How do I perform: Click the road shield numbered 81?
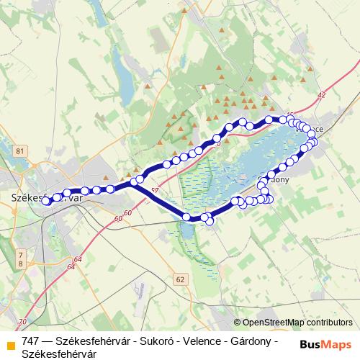coord(19,150)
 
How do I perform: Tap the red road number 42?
coord(321,95)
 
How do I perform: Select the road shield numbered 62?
coord(180,279)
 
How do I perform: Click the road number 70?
coord(22,321)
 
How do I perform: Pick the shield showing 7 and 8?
coord(20,259)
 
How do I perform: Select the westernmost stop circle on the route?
coord(46,202)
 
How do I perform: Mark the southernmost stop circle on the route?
coord(210,221)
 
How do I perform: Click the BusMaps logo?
coord(325,344)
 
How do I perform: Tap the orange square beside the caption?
coord(10,342)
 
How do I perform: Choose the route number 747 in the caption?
coord(31,341)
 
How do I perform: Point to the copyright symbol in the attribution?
coord(238,323)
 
